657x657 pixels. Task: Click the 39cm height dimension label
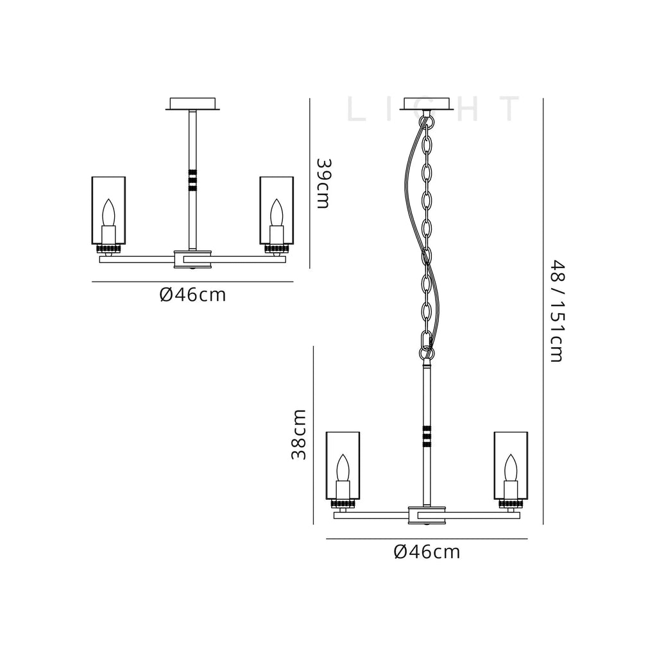[x=323, y=183]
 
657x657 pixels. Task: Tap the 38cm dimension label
[x=299, y=434]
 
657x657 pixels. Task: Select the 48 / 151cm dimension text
[x=558, y=311]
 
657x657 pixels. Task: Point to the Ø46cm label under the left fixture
[x=192, y=295]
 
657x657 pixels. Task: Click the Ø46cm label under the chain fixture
[x=427, y=552]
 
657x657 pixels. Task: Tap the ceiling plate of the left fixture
[x=192, y=104]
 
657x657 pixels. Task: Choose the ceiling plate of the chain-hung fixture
[x=427, y=104]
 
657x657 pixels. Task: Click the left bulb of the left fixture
[x=108, y=213]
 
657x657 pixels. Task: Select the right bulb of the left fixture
[x=277, y=213]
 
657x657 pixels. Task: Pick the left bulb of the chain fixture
[x=343, y=468]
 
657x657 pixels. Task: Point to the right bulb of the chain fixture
[x=511, y=468]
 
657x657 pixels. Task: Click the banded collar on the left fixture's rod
[x=192, y=180]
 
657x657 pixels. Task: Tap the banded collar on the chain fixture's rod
[x=427, y=436]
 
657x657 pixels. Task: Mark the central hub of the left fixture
[x=192, y=259]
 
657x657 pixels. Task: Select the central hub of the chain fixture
[x=427, y=515]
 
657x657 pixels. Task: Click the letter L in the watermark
[x=356, y=109]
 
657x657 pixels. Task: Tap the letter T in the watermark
[x=510, y=109]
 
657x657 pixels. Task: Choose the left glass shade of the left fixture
[x=108, y=210]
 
